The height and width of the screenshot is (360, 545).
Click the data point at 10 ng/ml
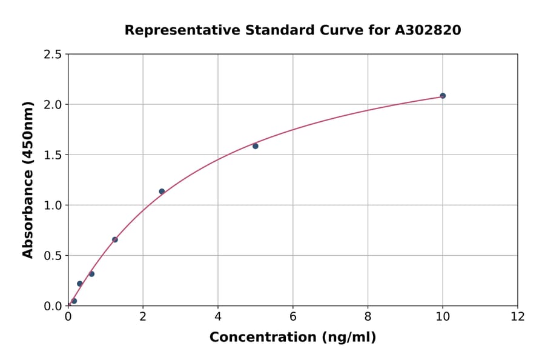[443, 96]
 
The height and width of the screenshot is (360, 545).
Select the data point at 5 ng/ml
[256, 146]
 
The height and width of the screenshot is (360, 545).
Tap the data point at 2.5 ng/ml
[162, 192]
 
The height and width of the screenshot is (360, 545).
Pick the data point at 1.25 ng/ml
[115, 239]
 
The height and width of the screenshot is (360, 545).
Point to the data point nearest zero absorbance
[74, 301]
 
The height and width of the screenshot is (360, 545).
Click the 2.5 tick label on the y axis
[53, 55]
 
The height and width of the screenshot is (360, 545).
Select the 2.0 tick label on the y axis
[53, 105]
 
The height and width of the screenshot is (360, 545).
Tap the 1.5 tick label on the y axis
[53, 155]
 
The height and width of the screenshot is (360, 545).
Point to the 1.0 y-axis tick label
[53, 205]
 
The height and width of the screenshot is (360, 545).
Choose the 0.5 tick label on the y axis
[53, 256]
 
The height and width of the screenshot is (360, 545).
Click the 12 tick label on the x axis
[518, 316]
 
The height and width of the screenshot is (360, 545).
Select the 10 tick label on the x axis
[443, 316]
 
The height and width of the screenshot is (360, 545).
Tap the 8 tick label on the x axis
[368, 316]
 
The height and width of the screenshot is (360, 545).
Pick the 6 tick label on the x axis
[293, 316]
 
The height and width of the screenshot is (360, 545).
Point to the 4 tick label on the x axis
[218, 316]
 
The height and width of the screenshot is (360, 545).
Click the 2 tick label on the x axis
[143, 316]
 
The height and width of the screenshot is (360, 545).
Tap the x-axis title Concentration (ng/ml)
[292, 337]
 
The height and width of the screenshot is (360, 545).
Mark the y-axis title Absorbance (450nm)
[28, 179]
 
